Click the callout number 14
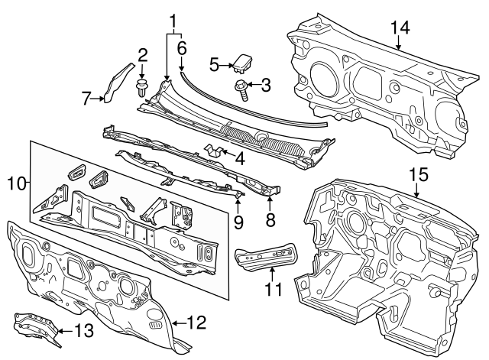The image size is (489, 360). point(400,28)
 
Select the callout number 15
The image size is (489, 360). point(416,175)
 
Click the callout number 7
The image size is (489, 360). point(87,97)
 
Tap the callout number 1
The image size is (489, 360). point(173,21)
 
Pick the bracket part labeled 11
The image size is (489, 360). point(265,255)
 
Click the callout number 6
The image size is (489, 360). point(182,47)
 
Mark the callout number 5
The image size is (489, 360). point(215,64)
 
